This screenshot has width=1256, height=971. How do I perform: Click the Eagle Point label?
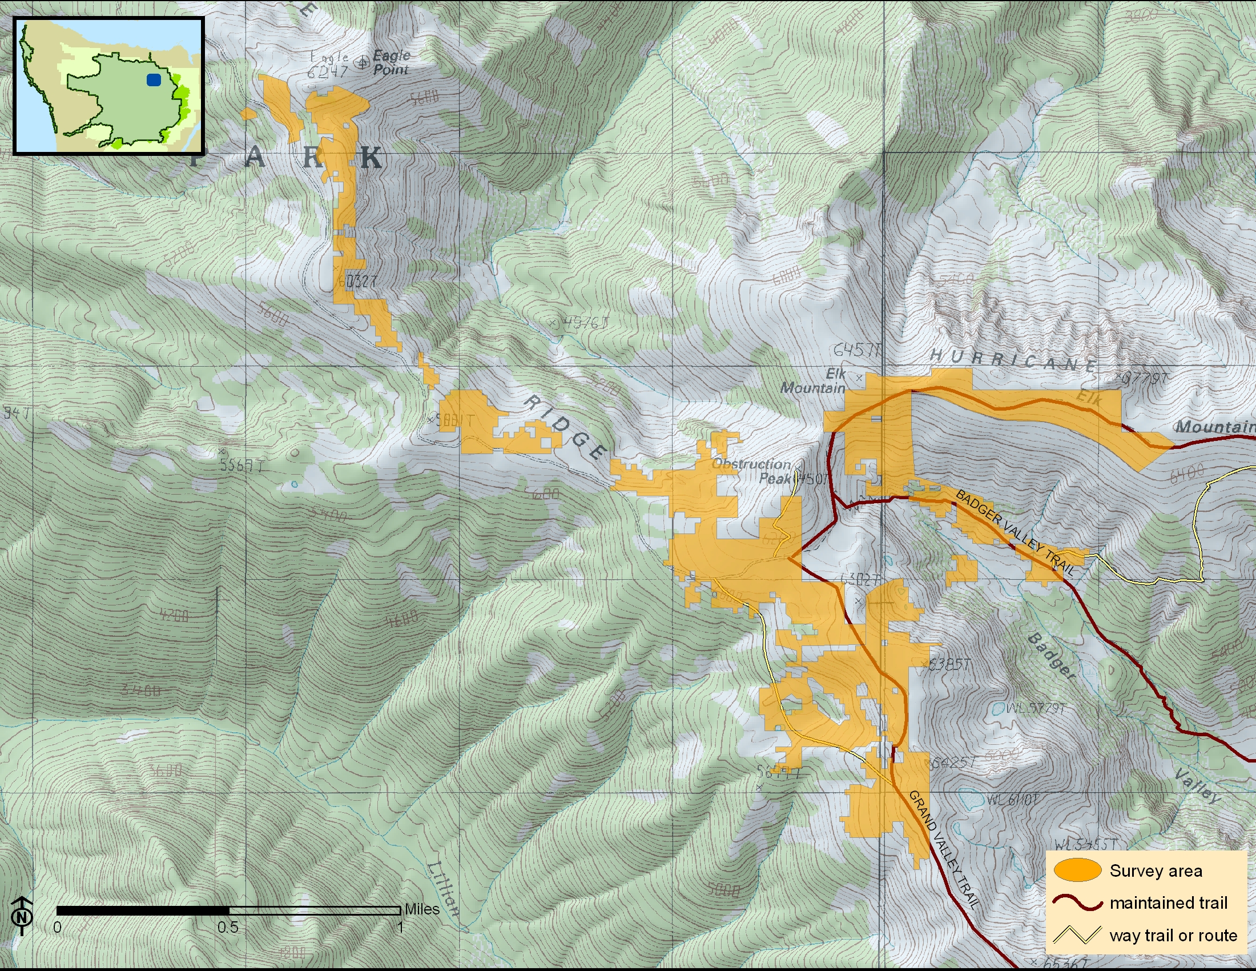pos(391,63)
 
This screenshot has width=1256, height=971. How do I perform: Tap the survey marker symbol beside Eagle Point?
pos(363,63)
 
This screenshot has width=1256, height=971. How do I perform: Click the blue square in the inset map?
pos(154,80)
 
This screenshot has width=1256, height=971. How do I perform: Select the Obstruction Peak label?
pos(752,471)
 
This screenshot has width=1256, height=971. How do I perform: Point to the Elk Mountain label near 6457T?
pos(812,381)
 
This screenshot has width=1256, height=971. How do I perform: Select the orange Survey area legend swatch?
pos(1077,870)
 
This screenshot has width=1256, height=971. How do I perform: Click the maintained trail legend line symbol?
pos(1077,902)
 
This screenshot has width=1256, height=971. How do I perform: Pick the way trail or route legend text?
pos(1173,936)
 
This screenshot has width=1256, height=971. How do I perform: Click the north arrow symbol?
pos(22,914)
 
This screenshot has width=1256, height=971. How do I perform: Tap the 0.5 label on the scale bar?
pos(228,927)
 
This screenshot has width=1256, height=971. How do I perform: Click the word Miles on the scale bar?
pos(421,909)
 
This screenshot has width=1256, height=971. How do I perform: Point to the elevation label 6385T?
pos(950,664)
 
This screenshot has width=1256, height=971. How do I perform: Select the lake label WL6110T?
pos(1013,799)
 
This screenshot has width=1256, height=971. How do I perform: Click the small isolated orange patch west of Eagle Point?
pos(248,114)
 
